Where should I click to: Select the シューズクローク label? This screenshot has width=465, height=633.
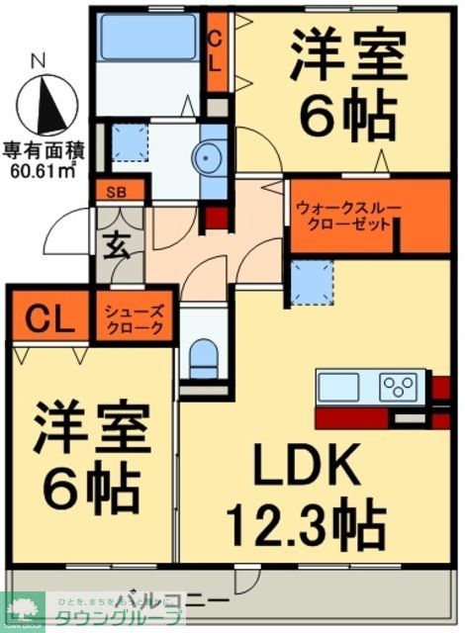click(135, 319)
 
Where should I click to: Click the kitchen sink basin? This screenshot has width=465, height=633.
click(338, 384)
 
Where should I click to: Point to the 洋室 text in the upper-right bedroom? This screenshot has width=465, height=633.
click(347, 60)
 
